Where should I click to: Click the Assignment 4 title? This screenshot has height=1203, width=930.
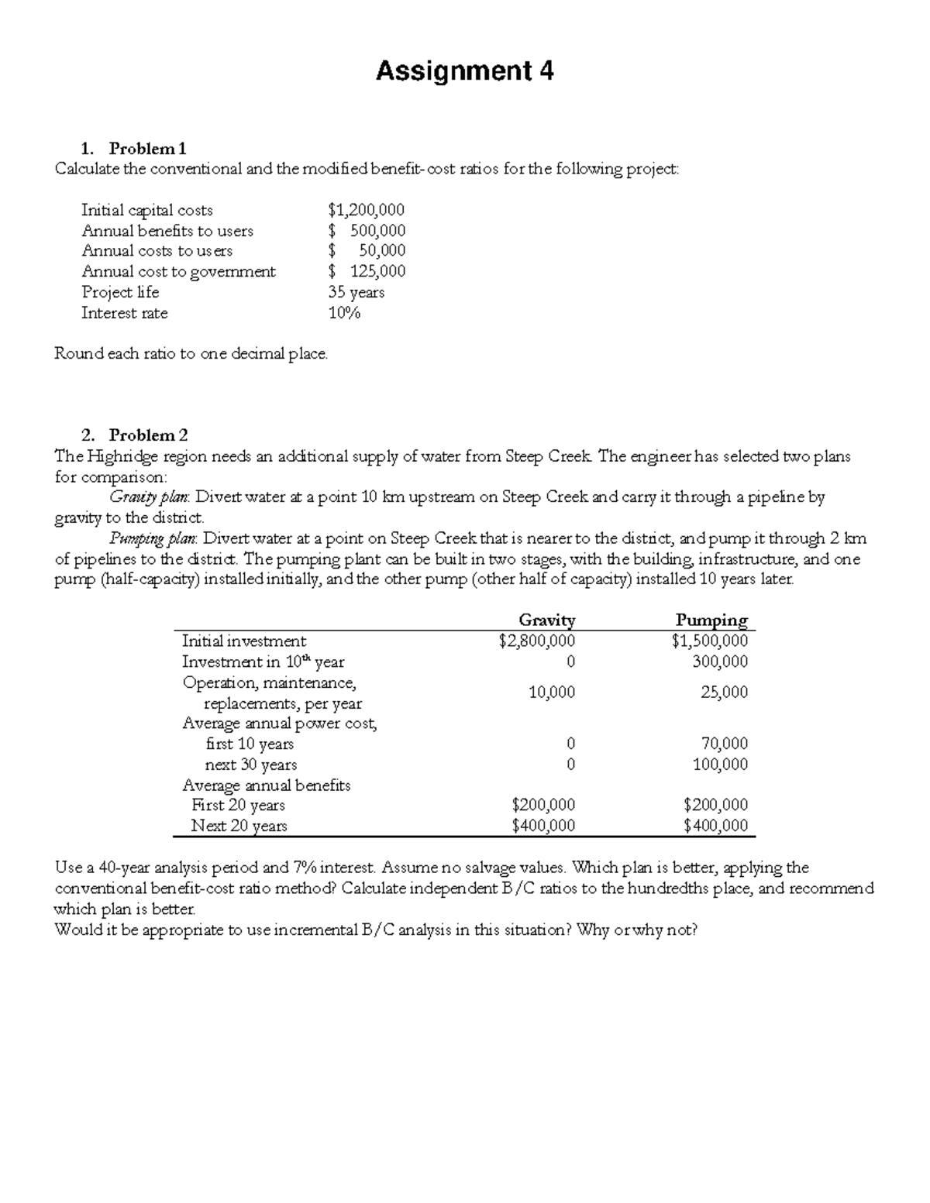(464, 72)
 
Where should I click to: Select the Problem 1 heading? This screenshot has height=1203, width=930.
(147, 148)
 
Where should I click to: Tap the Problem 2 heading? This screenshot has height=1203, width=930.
(148, 435)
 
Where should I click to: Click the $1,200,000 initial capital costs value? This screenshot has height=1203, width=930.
(366, 210)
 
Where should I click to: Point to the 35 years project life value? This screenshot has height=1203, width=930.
(356, 292)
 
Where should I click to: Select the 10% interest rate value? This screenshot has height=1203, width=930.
(344, 313)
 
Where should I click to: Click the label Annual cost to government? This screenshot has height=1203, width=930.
(178, 272)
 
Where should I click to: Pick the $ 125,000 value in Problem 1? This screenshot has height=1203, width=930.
(367, 271)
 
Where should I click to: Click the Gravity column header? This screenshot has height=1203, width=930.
(546, 620)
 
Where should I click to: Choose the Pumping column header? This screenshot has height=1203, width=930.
(711, 620)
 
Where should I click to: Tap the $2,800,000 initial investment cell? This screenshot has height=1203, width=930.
(537, 641)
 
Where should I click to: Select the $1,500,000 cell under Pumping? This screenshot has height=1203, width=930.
(710, 641)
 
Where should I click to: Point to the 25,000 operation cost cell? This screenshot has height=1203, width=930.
(724, 693)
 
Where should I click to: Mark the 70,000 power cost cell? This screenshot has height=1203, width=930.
(724, 744)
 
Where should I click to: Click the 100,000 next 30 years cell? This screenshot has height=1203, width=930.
(720, 765)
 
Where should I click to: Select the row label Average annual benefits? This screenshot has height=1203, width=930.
(266, 785)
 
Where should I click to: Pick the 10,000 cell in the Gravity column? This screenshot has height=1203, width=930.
(551, 693)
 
